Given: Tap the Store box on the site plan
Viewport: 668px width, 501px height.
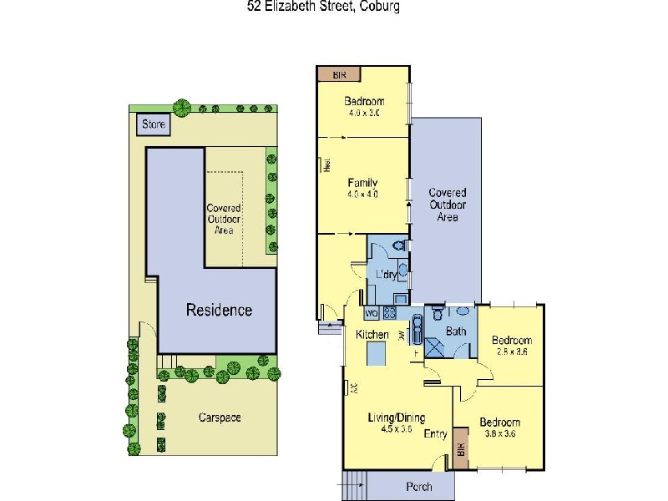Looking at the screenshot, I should [x=154, y=124].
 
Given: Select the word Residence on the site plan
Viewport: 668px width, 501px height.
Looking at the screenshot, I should [x=219, y=310].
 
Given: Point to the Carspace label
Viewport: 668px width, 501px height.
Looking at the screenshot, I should [x=220, y=417].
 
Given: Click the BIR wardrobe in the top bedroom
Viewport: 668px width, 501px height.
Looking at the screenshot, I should [x=339, y=74].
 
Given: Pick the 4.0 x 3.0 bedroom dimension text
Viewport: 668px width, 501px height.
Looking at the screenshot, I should [x=363, y=114].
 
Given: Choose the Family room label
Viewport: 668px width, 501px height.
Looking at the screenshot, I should [x=363, y=183].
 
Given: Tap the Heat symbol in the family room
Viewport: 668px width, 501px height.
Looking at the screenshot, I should [x=328, y=166].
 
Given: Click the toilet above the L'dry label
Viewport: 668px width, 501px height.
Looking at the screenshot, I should [x=398, y=245].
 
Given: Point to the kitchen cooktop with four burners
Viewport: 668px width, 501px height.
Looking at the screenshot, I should [x=390, y=313].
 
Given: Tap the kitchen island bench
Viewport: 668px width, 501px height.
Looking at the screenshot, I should [x=377, y=355].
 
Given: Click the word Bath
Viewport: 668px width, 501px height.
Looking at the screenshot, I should [x=455, y=331].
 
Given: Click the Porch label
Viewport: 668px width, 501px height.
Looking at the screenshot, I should [x=419, y=486].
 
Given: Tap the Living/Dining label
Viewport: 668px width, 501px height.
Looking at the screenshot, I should [x=397, y=417].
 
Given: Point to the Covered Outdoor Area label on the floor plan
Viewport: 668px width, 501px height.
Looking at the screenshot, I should [x=447, y=205].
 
